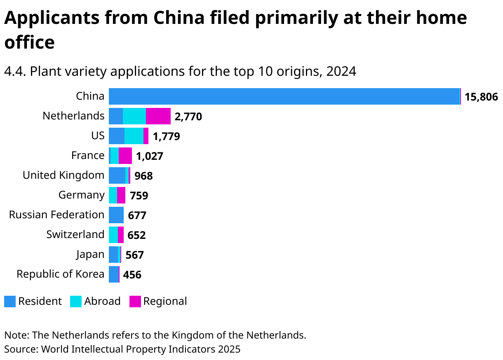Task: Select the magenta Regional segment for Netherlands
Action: click(158, 116)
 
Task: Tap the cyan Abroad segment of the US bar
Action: click(134, 136)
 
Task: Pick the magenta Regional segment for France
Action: click(125, 156)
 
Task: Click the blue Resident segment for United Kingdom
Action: click(117, 175)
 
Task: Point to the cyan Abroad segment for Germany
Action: click(113, 195)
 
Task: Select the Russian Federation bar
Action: click(116, 215)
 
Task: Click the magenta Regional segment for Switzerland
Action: click(120, 235)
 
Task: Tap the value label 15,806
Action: click(481, 97)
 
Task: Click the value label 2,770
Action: click(188, 117)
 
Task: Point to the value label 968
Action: click(143, 176)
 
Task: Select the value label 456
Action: click(132, 275)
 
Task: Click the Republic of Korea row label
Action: click(60, 274)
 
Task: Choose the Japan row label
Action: click(90, 255)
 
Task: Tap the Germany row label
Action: click(81, 195)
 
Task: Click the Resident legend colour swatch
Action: click(10, 302)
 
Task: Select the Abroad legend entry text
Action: click(102, 302)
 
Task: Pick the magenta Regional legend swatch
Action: click(135, 302)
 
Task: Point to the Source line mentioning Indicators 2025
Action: click(122, 349)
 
